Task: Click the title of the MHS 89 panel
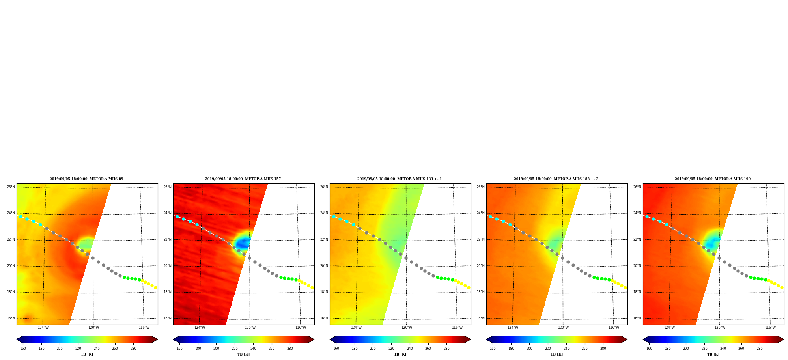pos(86,179)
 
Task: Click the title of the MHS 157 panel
pos(243,179)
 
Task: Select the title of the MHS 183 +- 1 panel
pos(400,179)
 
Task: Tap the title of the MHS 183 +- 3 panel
pos(556,179)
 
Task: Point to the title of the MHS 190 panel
pos(713,179)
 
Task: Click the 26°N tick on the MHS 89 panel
pos(11,187)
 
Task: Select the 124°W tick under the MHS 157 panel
pos(200,328)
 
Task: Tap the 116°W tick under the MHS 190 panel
pos(770,328)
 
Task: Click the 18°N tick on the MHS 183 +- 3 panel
pos(481,292)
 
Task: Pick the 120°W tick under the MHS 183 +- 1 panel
pos(407,328)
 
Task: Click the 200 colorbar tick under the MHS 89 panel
pos(60,349)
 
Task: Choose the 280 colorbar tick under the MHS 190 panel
pos(760,349)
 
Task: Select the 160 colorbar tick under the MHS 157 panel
pos(179,349)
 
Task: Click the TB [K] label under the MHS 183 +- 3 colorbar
pos(556,354)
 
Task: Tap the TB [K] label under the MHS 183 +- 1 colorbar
pos(400,354)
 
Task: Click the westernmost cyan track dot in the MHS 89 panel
pos(21,216)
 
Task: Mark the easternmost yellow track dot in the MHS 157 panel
pos(312,287)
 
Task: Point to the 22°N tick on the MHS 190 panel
pos(637,239)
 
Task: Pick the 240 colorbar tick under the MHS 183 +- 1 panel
pos(410,349)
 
